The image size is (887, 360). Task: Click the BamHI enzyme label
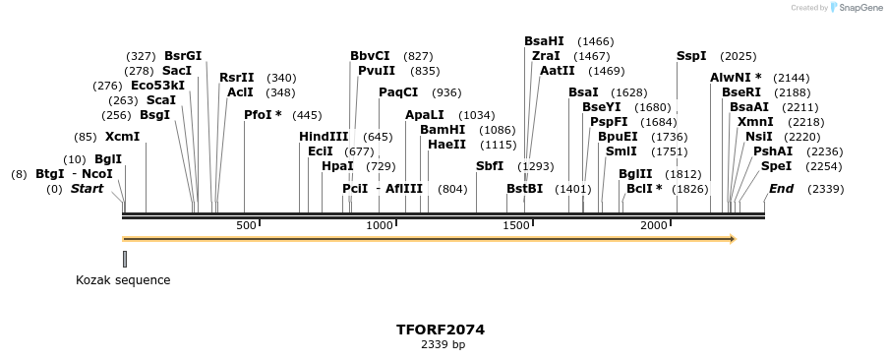pos(443,130)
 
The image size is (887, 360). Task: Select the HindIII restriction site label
pos(324,137)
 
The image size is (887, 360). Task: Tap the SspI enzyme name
pos(691,56)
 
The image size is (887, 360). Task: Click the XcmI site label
pos(122,137)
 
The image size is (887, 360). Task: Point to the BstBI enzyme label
pos(524,189)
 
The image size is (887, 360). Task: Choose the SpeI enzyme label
pos(776,166)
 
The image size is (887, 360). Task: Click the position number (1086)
pos(497,130)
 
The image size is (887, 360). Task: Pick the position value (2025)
pos(738,56)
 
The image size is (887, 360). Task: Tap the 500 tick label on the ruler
pos(246,225)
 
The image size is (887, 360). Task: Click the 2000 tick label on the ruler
pos(654,225)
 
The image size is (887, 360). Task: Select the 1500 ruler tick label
pos(516,225)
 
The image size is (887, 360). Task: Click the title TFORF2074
pos(440,330)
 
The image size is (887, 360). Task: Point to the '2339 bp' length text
pos(443,345)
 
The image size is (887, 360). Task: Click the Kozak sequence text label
pos(123,280)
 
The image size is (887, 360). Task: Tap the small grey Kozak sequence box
pos(125,259)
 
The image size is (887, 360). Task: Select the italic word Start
pos(87,189)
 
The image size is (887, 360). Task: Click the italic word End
pos(781,189)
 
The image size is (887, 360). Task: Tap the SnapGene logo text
pos(857,8)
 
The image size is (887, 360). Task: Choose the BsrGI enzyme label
pos(183,56)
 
